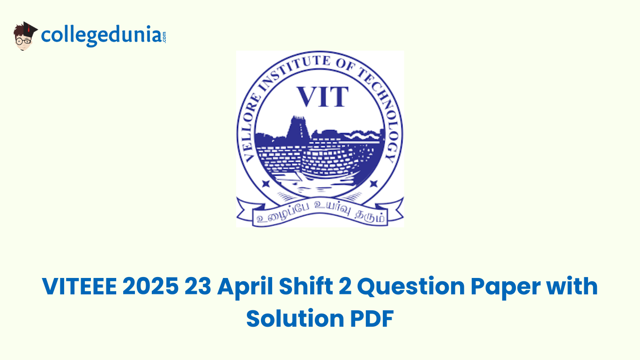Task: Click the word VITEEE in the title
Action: pyautogui.click(x=78, y=287)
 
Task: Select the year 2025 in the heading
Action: pyautogui.click(x=151, y=287)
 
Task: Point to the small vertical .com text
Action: pyautogui.click(x=164, y=36)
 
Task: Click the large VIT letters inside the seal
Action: pyautogui.click(x=323, y=97)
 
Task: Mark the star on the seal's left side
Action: pyautogui.click(x=266, y=183)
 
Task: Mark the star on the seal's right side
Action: pyautogui.click(x=373, y=183)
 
